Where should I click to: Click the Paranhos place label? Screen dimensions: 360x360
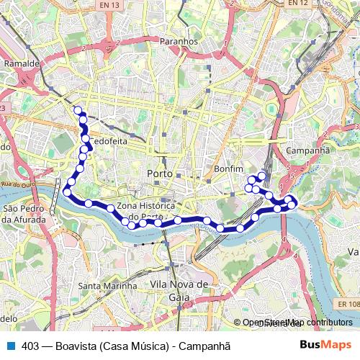179,42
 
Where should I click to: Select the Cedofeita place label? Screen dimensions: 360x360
109,142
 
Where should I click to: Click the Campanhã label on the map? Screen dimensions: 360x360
307,150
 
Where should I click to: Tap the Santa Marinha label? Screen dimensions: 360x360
107,286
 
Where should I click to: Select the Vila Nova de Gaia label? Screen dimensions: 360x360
179,290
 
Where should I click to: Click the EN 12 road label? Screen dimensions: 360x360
297,4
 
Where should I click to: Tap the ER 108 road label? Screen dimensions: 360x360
348,305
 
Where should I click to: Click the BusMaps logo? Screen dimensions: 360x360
325,344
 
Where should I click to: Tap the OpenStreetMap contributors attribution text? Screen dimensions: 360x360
297,323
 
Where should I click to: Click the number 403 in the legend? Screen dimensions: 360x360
30,344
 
